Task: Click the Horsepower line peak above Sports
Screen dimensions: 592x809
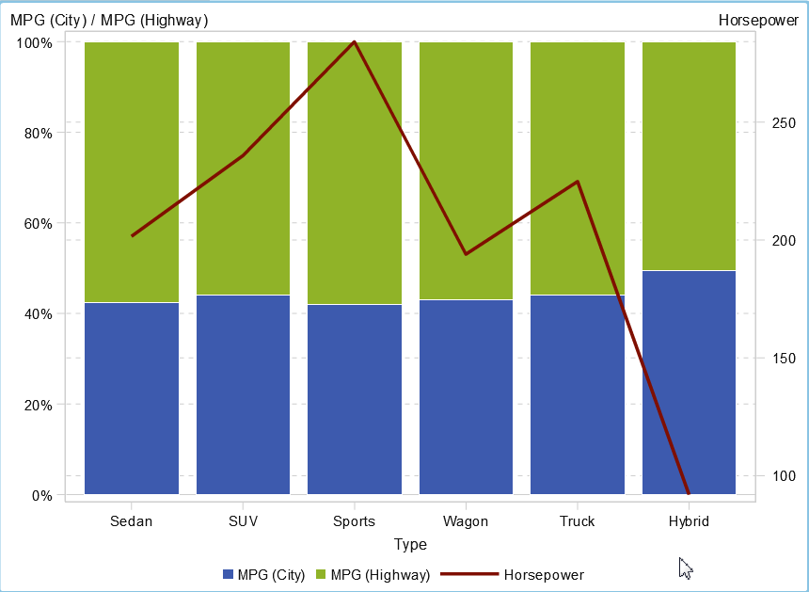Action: (x=355, y=42)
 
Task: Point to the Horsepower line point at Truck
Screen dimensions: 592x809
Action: (x=578, y=182)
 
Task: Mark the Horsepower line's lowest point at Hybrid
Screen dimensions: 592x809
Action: (x=689, y=492)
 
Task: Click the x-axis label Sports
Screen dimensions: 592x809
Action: (x=355, y=521)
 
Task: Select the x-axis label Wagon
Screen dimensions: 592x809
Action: (x=466, y=521)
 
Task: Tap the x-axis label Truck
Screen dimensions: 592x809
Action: (x=577, y=521)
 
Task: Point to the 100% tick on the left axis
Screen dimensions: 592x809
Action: (x=34, y=43)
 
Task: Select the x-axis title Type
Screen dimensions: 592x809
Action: (x=410, y=544)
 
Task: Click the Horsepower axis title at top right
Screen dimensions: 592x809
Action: (x=757, y=20)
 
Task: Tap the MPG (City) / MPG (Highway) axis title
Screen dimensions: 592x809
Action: (x=109, y=20)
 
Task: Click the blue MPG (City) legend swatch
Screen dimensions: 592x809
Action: (x=228, y=575)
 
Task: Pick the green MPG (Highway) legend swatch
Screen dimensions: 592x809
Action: (x=321, y=575)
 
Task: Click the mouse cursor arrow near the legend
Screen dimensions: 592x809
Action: (x=685, y=568)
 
